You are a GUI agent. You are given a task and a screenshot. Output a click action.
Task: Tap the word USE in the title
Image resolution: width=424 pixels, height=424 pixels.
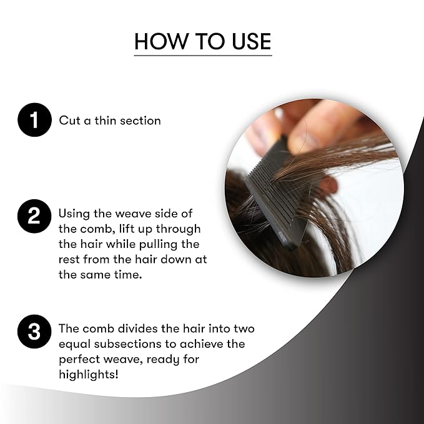click(252, 41)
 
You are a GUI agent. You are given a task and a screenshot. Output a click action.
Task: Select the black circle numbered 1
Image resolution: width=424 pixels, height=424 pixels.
click(34, 120)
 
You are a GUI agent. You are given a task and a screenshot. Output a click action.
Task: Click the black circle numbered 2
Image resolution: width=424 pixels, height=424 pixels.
click(34, 216)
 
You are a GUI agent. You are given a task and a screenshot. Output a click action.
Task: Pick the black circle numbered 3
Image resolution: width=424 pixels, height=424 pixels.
click(34, 331)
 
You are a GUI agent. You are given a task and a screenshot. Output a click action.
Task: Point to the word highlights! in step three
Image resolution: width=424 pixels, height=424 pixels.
click(89, 375)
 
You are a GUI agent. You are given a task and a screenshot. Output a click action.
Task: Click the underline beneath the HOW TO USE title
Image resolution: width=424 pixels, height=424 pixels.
click(203, 56)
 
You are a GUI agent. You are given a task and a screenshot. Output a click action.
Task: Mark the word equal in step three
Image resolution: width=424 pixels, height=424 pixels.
click(75, 345)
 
